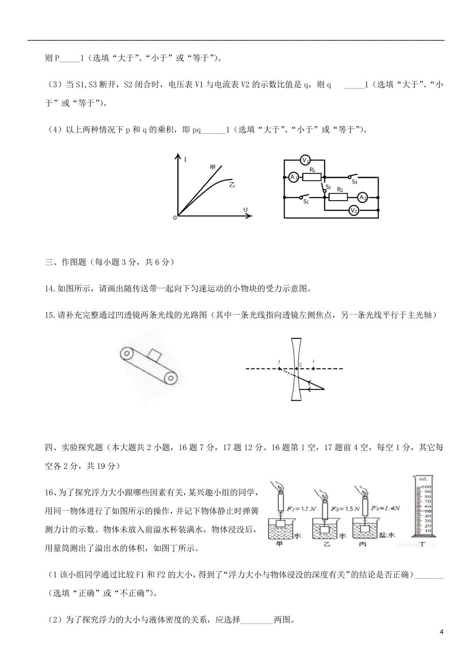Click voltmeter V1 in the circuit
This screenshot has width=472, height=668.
pyautogui.click(x=306, y=161)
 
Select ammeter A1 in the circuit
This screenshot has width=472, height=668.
pyautogui.click(x=293, y=177)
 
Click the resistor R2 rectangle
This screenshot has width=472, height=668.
pyautogui.click(x=338, y=197)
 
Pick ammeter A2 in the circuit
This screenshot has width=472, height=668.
pyautogui.click(x=362, y=197)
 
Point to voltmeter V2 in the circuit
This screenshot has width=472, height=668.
pyautogui.click(x=354, y=211)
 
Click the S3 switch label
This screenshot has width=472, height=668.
pyautogui.click(x=354, y=182)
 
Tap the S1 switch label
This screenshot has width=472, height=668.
pyautogui.click(x=306, y=201)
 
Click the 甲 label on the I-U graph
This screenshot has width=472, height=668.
pyautogui.click(x=213, y=167)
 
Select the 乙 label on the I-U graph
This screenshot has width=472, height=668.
pyautogui.click(x=232, y=184)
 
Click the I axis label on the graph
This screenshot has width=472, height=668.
pyautogui.click(x=185, y=159)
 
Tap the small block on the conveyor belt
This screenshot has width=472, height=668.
pyautogui.click(x=154, y=355)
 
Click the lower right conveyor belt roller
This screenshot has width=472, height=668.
pyautogui.click(x=170, y=378)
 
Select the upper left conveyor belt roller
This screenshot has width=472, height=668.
pyautogui.click(x=127, y=353)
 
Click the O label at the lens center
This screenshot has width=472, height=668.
pyautogui.click(x=301, y=365)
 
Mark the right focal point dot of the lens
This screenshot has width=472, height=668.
pyautogui.click(x=313, y=369)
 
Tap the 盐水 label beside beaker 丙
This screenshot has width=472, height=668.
pyautogui.click(x=387, y=535)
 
